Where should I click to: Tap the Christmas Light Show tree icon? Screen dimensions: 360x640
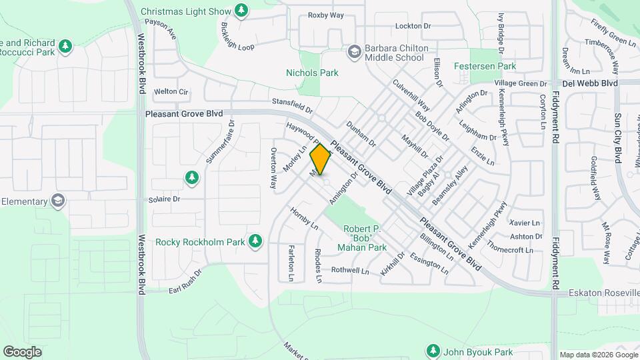click(x=242, y=11)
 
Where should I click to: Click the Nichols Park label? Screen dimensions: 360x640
click(x=312, y=73)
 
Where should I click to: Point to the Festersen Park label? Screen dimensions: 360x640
click(x=485, y=67)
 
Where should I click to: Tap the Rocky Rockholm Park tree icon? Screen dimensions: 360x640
click(x=255, y=241)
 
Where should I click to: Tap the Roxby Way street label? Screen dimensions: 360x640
click(x=325, y=15)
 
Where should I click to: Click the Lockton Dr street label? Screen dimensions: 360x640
click(x=413, y=26)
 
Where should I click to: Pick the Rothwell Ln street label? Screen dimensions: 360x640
click(x=350, y=271)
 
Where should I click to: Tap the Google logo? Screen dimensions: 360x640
click(x=22, y=351)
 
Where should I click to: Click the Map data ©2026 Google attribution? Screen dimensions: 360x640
click(x=598, y=355)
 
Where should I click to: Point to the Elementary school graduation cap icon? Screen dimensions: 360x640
click(x=58, y=201)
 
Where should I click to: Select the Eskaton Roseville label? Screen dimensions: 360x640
click(x=603, y=293)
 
